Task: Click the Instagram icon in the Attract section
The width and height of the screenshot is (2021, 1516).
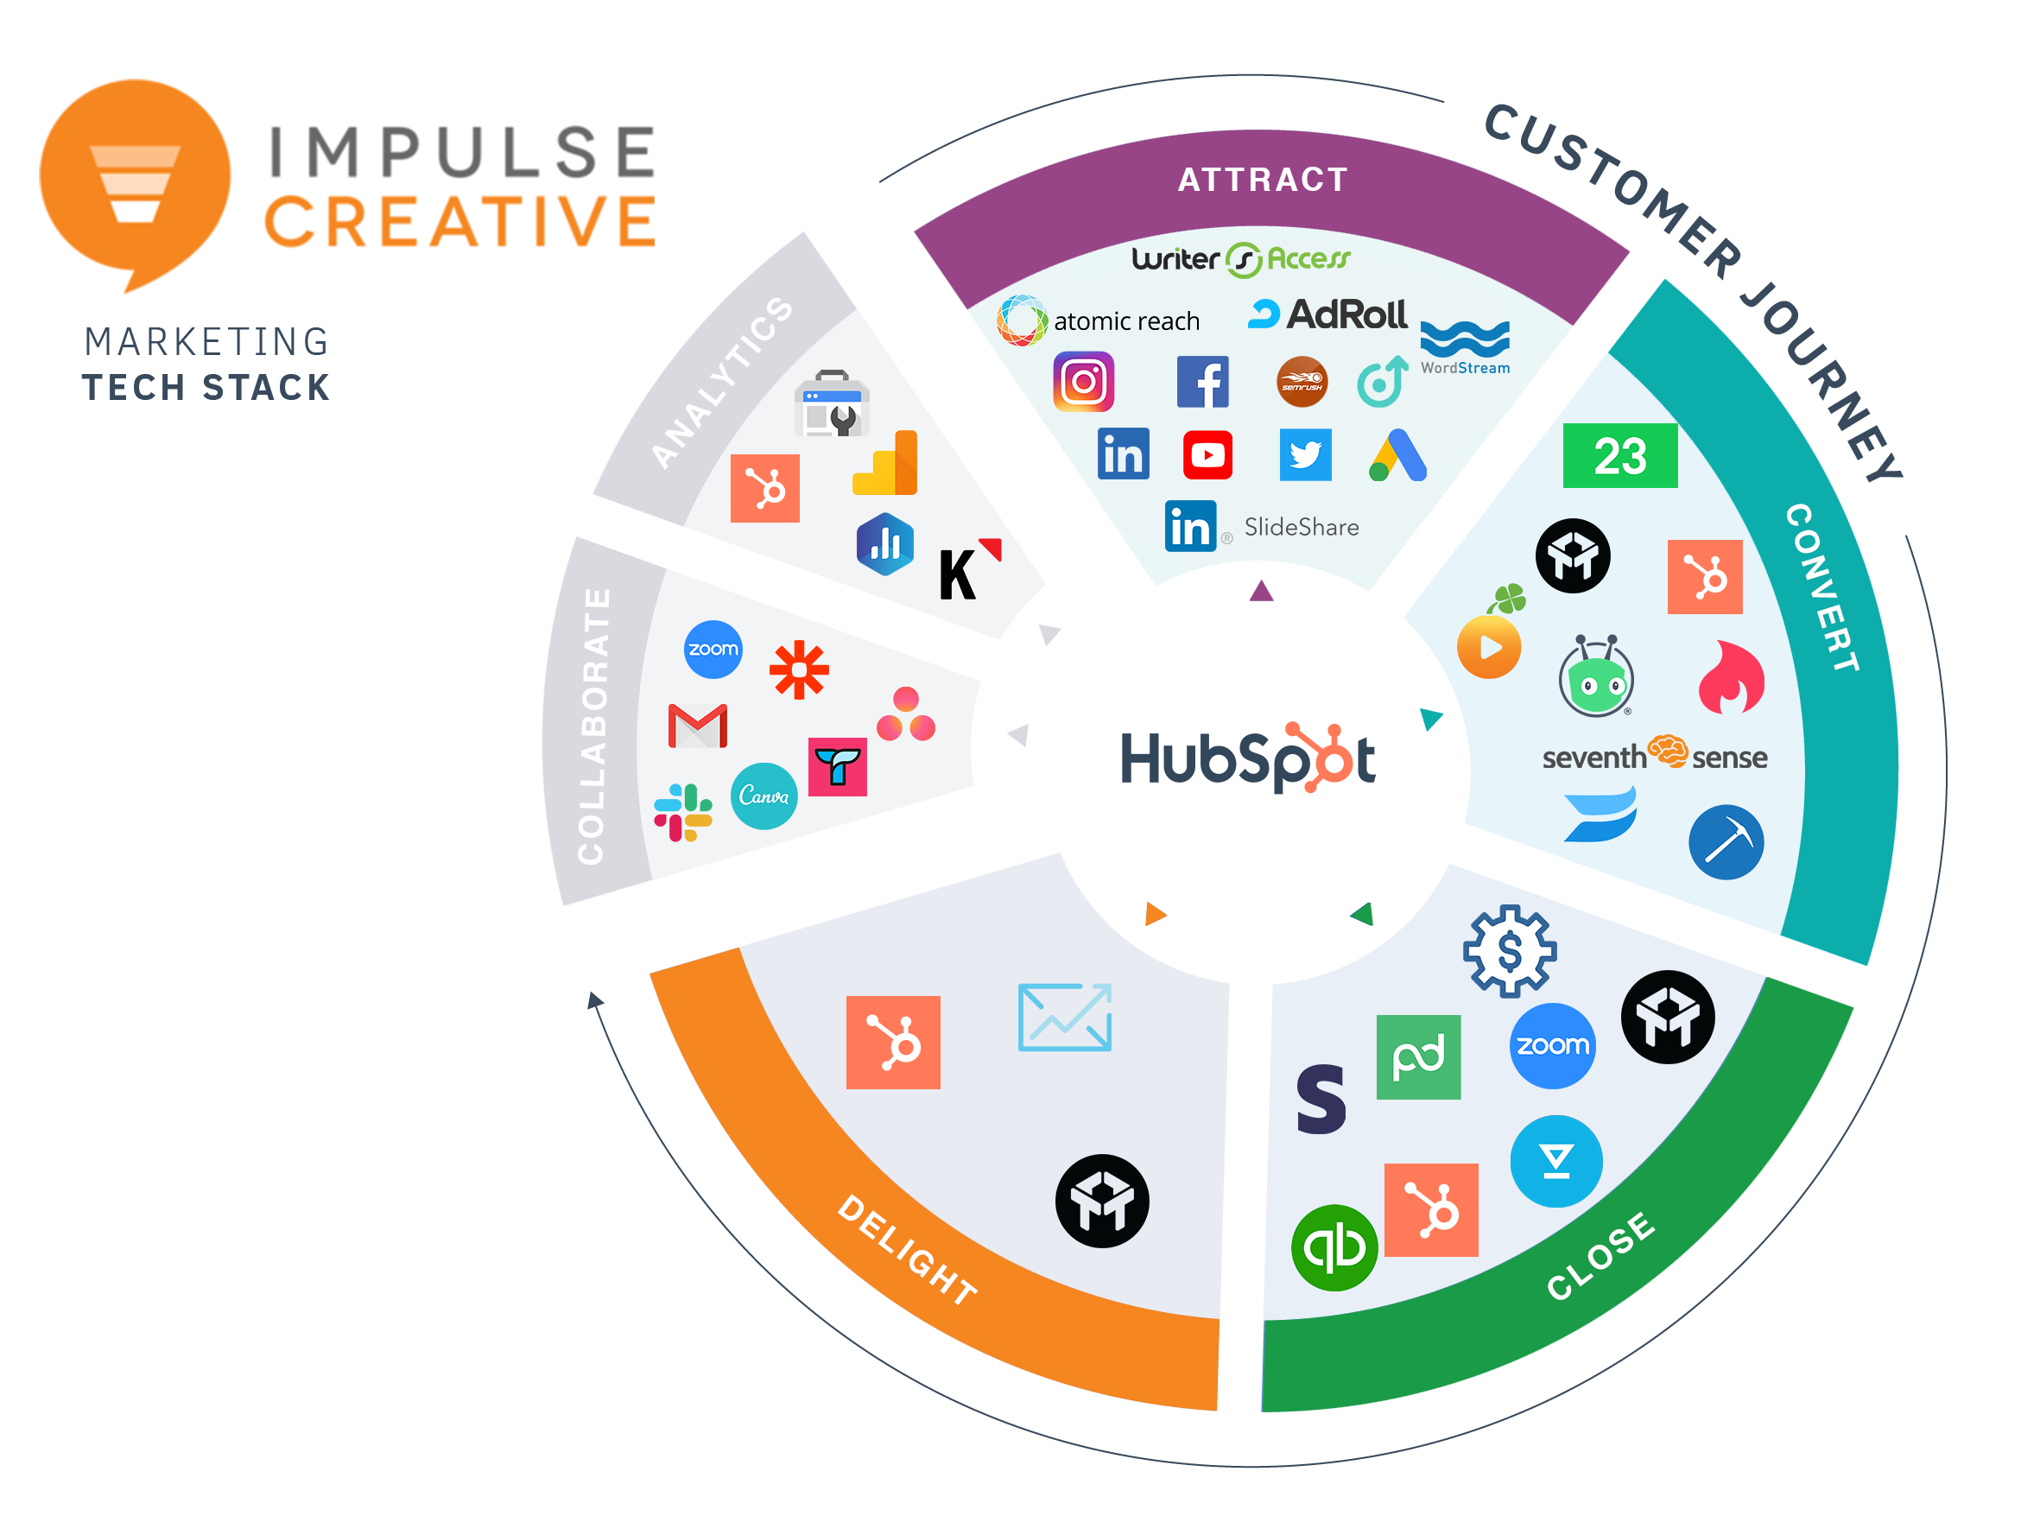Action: [x=1084, y=382]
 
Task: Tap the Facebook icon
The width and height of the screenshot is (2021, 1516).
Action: [x=1202, y=382]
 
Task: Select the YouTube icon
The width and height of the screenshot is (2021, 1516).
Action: [x=1207, y=455]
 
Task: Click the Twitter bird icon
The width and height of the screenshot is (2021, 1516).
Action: [x=1305, y=455]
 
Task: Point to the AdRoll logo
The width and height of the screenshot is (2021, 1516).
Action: [x=1328, y=315]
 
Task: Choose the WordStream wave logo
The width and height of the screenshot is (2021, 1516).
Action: [x=1465, y=343]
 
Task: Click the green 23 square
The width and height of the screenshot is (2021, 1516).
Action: [x=1620, y=455]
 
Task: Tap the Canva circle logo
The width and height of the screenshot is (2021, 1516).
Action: [x=763, y=796]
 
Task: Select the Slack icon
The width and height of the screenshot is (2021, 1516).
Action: [x=683, y=812]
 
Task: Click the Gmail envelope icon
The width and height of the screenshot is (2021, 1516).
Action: [x=697, y=726]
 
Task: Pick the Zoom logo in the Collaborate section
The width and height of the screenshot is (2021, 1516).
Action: [x=713, y=650]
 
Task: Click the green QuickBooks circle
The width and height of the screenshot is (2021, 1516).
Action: [x=1334, y=1247]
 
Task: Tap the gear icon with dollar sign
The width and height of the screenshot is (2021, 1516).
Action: [x=1510, y=950]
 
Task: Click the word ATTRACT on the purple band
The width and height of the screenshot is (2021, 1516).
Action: [x=1263, y=180]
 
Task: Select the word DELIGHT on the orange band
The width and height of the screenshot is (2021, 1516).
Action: [x=907, y=1249]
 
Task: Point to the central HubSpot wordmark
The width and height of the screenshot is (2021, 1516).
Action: [x=1247, y=758]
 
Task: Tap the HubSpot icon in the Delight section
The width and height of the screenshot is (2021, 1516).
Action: [x=893, y=1043]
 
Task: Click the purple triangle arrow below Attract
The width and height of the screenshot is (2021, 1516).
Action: [x=1261, y=592]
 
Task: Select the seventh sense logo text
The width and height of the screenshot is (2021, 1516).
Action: [x=1654, y=757]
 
